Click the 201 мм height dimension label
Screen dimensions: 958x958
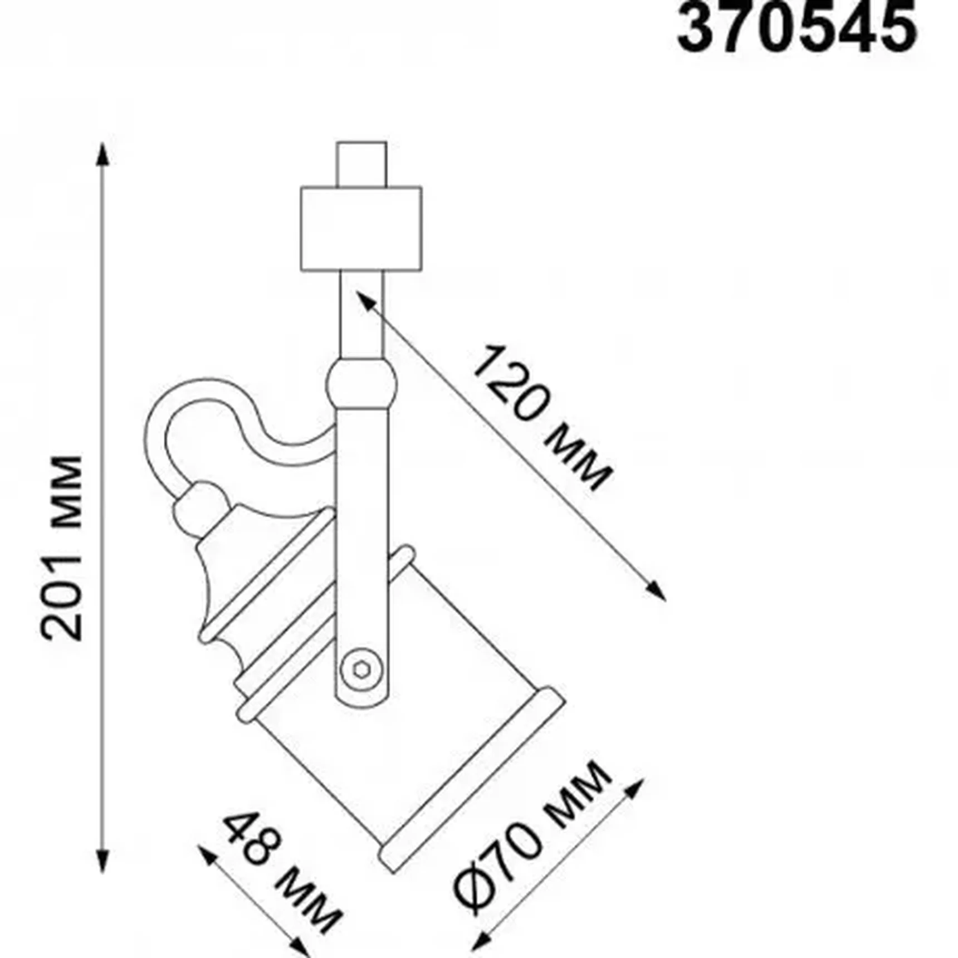pyautogui.click(x=62, y=549)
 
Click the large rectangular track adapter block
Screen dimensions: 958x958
pyautogui.click(x=361, y=229)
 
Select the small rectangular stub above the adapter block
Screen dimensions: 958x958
pyautogui.click(x=361, y=164)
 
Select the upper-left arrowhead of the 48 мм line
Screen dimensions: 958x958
pyautogui.click(x=206, y=855)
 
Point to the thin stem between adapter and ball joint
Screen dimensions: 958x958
pyautogui.click(x=361, y=315)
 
